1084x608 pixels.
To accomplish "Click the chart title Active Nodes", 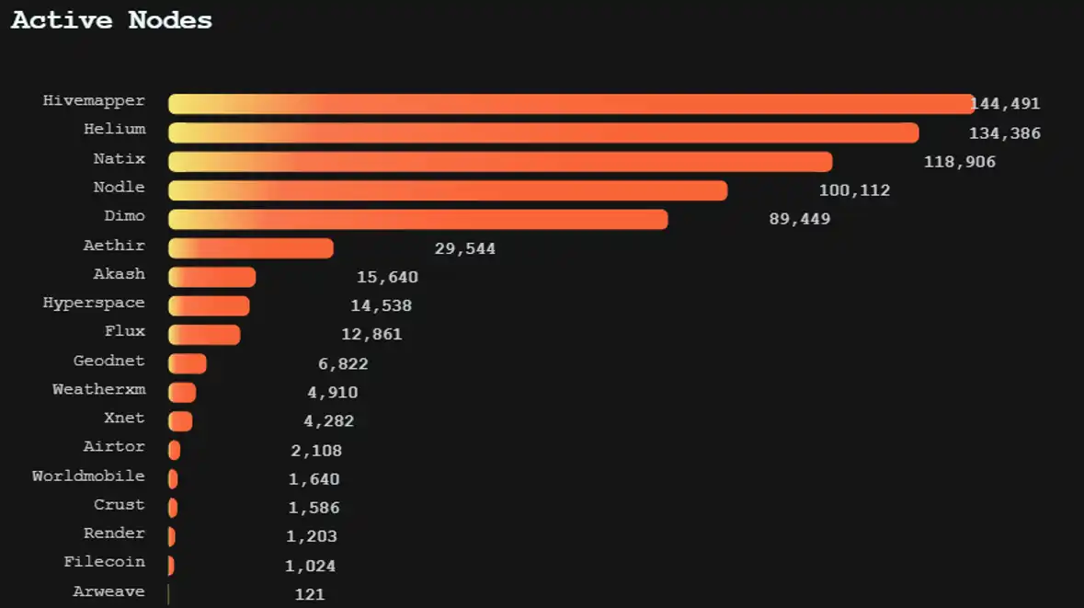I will (x=111, y=20).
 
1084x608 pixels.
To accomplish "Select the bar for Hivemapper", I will (x=570, y=104).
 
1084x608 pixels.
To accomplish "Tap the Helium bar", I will (x=542, y=132).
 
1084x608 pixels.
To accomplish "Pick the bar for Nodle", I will (x=447, y=190).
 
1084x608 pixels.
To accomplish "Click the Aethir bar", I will (x=250, y=248).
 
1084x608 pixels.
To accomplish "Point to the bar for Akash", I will (x=211, y=277).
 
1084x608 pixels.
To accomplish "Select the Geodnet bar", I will (x=188, y=363).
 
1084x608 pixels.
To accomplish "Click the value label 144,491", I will (x=1006, y=104).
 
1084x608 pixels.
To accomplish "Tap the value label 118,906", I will (x=959, y=162).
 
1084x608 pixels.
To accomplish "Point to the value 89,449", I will (x=799, y=219).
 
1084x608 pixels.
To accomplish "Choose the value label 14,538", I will (x=381, y=305).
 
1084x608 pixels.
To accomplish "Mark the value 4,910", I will (x=332, y=393).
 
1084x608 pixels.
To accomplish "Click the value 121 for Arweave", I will (x=310, y=594).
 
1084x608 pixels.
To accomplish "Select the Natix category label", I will (x=119, y=159).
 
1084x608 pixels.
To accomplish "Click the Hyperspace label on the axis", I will (x=94, y=303).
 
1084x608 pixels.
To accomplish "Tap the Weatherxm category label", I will (x=98, y=389).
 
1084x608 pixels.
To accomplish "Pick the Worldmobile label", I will (x=88, y=476).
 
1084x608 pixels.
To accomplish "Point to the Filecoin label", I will (x=104, y=561).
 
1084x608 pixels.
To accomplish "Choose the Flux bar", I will (x=204, y=335).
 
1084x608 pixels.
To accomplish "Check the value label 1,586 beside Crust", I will (x=314, y=508).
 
